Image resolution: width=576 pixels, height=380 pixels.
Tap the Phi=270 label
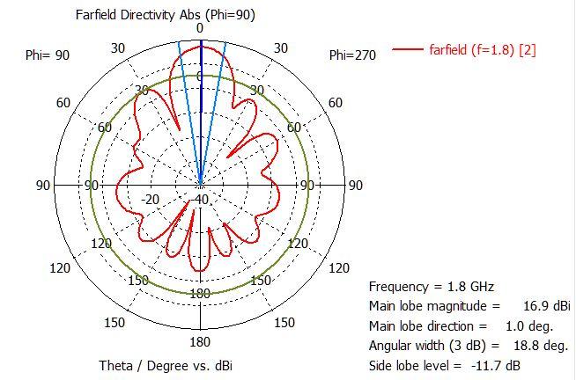352,55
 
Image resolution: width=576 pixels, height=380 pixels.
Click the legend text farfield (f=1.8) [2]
482,49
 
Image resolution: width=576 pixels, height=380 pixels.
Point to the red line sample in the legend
408,49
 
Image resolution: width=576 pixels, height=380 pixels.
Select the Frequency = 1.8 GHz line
432,287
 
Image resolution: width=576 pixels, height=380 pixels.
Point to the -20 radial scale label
150,199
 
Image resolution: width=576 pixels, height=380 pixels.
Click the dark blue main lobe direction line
201,114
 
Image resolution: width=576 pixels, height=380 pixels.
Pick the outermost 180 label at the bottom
201,341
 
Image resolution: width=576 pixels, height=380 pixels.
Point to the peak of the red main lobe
202,51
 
